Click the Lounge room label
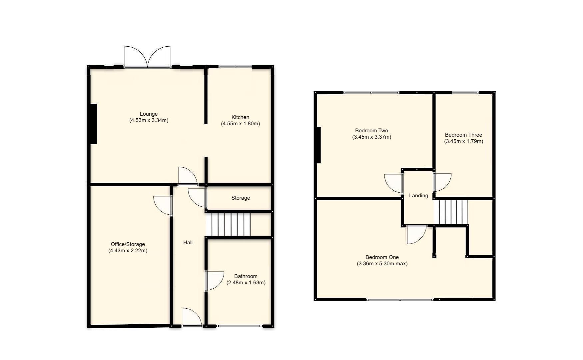[x=149, y=114]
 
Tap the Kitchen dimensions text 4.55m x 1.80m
[x=240, y=124]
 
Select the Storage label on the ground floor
[x=241, y=198]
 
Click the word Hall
[x=188, y=243]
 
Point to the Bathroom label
[x=246, y=276]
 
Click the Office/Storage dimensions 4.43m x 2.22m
[x=128, y=251]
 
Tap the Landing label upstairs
[x=418, y=196]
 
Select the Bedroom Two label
[x=371, y=131]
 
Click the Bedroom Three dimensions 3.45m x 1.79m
[x=463, y=141]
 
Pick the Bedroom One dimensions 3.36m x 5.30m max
[x=382, y=264]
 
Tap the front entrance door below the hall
[x=192, y=317]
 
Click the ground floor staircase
[x=228, y=225]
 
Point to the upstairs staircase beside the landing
[x=451, y=212]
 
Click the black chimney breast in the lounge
[x=93, y=124]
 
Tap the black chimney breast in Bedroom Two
[x=318, y=145]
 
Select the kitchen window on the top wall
[x=235, y=67]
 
